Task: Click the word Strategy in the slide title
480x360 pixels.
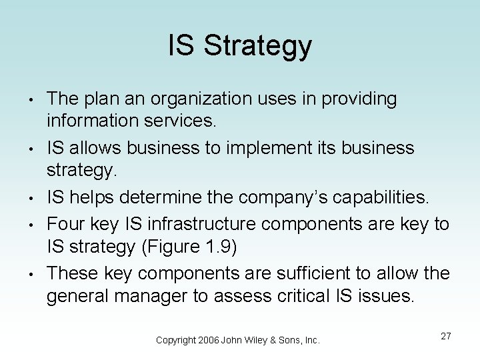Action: [x=258, y=46]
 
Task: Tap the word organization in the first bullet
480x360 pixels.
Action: [x=195, y=99]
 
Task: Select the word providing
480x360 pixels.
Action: [x=359, y=99]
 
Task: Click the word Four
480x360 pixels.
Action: [x=67, y=223]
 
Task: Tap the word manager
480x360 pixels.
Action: [x=160, y=296]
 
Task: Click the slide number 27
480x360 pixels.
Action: [x=445, y=336]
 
